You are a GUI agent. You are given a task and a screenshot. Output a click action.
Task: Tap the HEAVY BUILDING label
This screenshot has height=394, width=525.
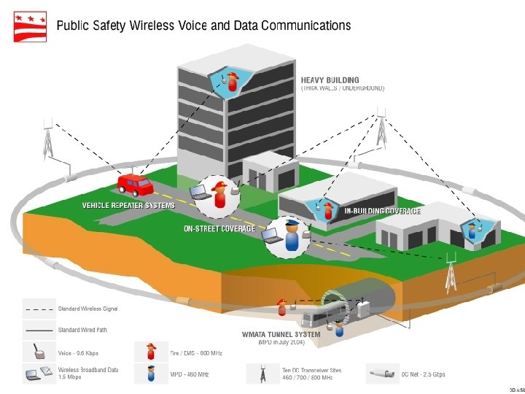(330, 80)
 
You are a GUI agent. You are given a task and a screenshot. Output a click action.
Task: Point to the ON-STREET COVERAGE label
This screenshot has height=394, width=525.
(219, 228)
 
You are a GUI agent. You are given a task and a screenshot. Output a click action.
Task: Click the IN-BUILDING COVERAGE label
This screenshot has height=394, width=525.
(382, 211)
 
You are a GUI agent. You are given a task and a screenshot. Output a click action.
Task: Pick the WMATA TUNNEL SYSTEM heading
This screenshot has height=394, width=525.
(281, 335)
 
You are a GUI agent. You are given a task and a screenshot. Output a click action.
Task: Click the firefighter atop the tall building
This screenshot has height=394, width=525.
(233, 82)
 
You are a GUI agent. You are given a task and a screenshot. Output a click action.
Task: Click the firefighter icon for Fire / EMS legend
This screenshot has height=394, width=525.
(152, 352)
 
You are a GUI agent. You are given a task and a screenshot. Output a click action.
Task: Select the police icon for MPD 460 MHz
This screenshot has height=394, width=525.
(152, 374)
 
